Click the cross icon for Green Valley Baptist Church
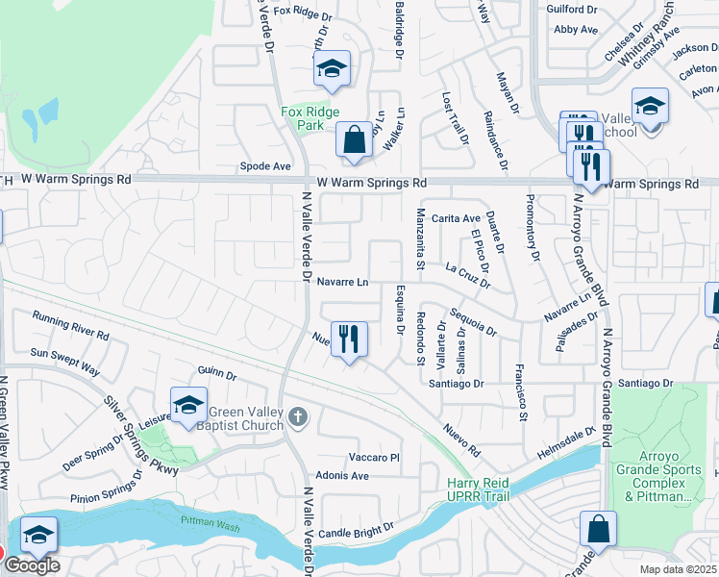click(x=299, y=416)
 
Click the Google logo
click(x=32, y=566)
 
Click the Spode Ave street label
click(x=266, y=166)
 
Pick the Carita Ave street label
click(x=455, y=218)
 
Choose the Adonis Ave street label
click(x=343, y=476)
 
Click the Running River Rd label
click(x=69, y=324)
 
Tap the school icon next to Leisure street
click(x=189, y=405)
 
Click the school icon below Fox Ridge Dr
click(x=332, y=68)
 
